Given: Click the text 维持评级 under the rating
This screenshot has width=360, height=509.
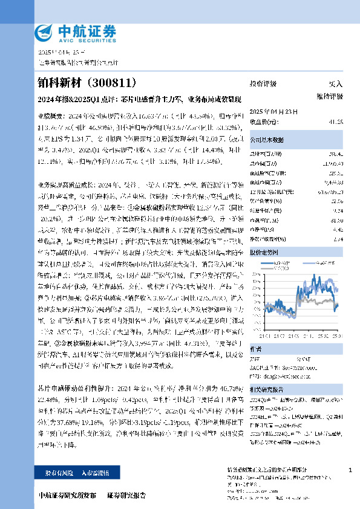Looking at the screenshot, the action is tap(330, 97).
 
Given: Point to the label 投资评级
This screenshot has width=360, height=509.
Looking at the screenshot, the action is tap(263, 84).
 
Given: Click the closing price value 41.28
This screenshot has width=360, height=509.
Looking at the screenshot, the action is tap(336, 122).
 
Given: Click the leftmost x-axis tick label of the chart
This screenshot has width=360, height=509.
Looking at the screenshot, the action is tap(264, 336).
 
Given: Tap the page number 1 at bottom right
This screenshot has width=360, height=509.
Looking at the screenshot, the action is tap(350, 470).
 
